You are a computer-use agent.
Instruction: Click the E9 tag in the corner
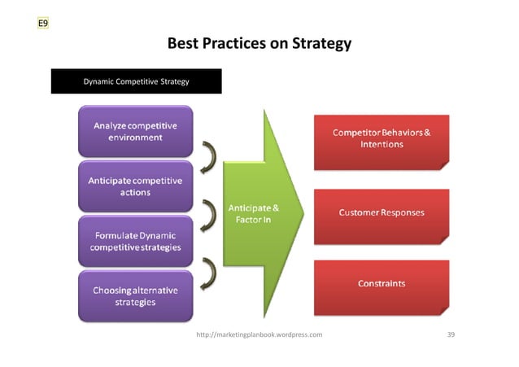(x=43, y=24)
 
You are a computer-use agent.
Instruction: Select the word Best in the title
(x=184, y=43)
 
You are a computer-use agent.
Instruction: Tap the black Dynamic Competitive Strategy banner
(x=137, y=81)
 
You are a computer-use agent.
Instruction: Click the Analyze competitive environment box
(x=136, y=132)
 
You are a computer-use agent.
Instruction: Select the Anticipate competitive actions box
(x=136, y=186)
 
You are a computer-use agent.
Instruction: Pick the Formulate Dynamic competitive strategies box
(x=136, y=241)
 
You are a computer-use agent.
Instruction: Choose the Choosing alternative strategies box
(x=136, y=295)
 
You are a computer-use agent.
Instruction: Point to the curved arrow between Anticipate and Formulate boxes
(x=209, y=210)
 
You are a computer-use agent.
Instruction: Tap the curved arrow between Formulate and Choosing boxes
(x=209, y=267)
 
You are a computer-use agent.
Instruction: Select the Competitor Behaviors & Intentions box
(x=382, y=139)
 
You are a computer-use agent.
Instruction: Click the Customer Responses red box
(x=382, y=213)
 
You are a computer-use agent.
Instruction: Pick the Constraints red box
(x=382, y=284)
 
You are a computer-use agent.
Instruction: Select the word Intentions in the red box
(x=382, y=145)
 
